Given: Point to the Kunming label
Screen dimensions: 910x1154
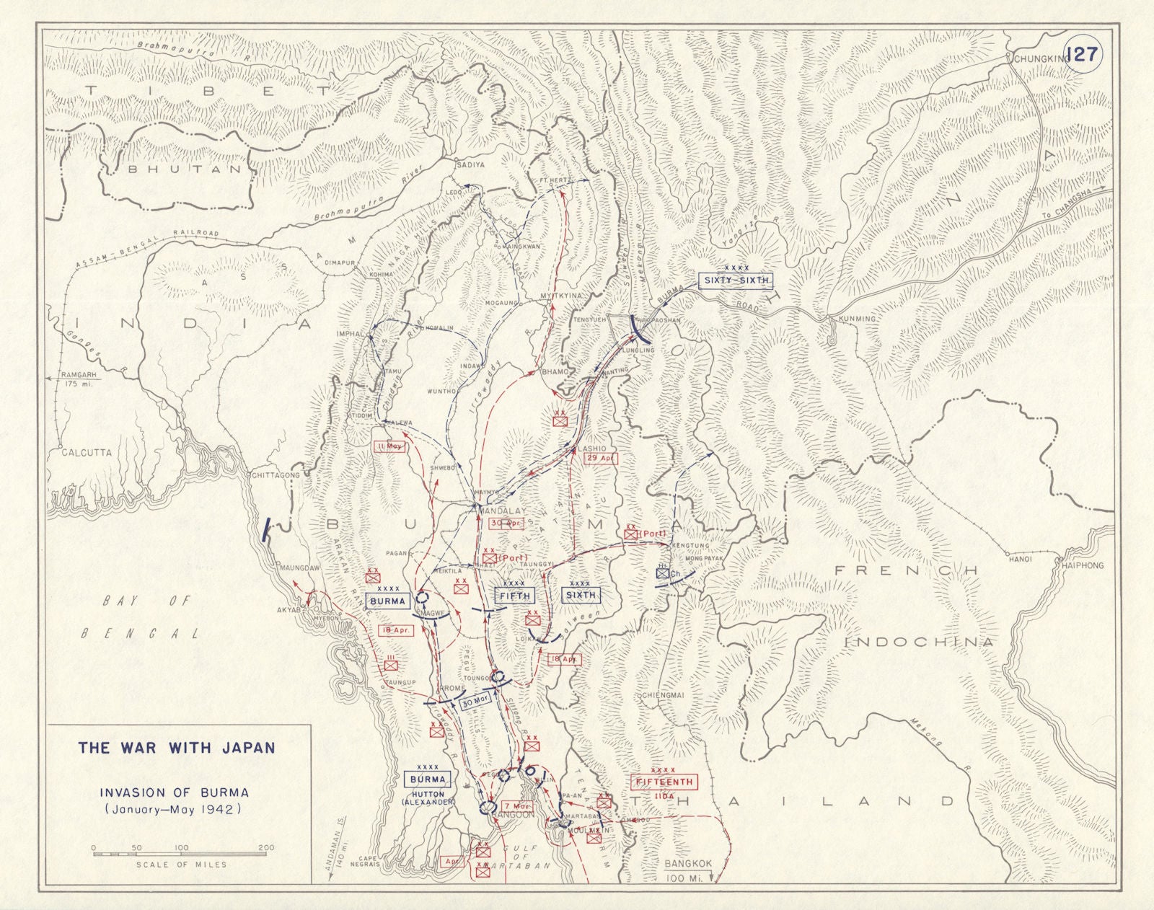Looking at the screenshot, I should (x=856, y=319).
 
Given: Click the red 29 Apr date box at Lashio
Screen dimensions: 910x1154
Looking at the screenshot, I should (x=600, y=459).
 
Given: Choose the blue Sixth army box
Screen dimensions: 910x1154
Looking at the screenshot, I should (x=581, y=595).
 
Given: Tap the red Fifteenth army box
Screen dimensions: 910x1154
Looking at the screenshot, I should (x=664, y=782).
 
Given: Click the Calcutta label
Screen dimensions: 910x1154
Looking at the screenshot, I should (x=81, y=453).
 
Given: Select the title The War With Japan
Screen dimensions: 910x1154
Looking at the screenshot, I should (x=177, y=748).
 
